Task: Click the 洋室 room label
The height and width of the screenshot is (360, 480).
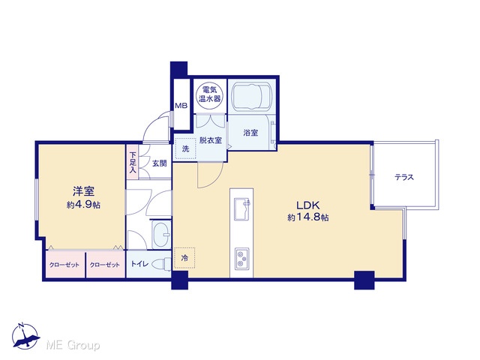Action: coord(83,191)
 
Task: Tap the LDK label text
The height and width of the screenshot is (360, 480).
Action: coord(307,205)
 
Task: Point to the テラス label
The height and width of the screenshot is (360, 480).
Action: coord(404,177)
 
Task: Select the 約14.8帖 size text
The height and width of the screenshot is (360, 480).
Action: coord(308,217)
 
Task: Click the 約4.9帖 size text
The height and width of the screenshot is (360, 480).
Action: coord(83,205)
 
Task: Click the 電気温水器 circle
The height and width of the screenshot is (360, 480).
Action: coord(210,94)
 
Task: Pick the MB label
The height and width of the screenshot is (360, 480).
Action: coord(181,106)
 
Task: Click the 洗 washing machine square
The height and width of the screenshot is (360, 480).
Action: coord(185,149)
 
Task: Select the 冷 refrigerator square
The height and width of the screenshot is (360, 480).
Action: coord(184,258)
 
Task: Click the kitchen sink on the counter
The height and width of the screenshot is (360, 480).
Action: coord(241,209)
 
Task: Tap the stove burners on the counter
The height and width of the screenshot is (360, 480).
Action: coord(241,259)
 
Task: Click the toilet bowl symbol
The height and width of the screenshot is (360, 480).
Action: coord(162,264)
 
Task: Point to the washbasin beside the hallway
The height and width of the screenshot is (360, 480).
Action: coord(161,234)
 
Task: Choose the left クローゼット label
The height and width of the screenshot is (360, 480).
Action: coord(64,265)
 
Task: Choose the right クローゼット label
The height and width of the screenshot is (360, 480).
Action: coord(105,265)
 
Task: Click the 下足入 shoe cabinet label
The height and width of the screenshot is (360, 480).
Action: coord(132,163)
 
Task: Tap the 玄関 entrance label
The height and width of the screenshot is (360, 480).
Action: coord(160,163)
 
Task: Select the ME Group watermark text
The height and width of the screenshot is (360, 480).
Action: coord(73,345)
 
